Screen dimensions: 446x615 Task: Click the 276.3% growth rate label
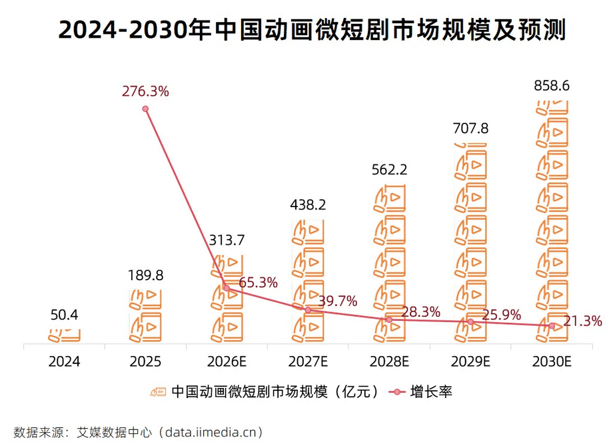[x=145, y=92]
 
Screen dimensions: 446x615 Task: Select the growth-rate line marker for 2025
[x=145, y=109]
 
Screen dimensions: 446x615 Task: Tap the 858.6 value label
[x=552, y=87]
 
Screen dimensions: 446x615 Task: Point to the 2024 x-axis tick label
[x=64, y=361]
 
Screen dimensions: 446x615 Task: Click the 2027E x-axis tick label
[x=308, y=361]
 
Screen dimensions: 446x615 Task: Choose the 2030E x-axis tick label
[x=552, y=361]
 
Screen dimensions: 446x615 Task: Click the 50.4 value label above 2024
[x=64, y=315]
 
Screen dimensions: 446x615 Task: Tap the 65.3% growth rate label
[x=258, y=282]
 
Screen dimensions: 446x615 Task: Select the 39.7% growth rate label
[x=338, y=302]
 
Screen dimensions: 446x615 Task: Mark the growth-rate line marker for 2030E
[x=552, y=326]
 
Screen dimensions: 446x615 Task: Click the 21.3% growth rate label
[x=582, y=322]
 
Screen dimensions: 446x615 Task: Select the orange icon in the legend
[x=158, y=391]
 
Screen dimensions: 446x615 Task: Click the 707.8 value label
[x=470, y=128]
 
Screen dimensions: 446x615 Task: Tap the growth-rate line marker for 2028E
[x=389, y=320]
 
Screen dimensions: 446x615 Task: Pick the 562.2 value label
[x=389, y=170]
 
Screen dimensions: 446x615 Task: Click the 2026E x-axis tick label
[x=227, y=361]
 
